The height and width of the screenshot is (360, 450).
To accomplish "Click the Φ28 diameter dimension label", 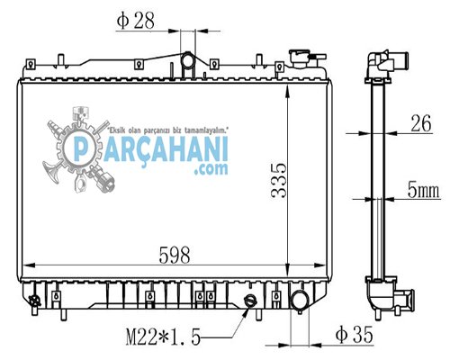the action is coord(136,21).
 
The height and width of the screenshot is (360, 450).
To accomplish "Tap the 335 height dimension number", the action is coord(279,181).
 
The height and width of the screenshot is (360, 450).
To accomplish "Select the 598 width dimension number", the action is coord(175,256).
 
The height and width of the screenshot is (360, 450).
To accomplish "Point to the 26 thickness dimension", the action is coord(421,123).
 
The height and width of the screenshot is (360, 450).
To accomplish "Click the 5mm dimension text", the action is coord(423,190).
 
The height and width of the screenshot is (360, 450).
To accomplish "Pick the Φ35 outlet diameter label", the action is coord(355,334).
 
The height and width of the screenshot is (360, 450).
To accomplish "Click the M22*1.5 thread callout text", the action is coord(163,337).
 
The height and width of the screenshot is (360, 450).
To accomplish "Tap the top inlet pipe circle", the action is coord(187,60).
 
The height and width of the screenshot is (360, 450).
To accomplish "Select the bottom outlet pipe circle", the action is coord(299,301).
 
